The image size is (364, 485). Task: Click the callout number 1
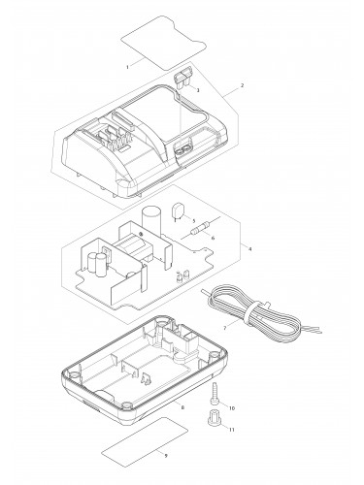point(127,67)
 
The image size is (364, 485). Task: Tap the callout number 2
point(243,85)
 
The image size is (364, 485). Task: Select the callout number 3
point(198,90)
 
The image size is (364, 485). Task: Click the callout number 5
point(194,221)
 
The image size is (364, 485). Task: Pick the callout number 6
point(213,238)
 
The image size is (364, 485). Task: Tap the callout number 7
point(224,328)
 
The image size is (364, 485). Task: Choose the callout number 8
point(182,407)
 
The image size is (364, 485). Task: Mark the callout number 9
point(166,456)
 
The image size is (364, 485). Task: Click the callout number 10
point(232,408)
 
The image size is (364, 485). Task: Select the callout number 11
point(232,430)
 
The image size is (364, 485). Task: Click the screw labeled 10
point(214,393)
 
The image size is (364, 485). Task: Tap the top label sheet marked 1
point(164,43)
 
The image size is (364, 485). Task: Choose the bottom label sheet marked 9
point(145,441)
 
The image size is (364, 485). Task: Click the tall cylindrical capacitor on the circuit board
point(151,221)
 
